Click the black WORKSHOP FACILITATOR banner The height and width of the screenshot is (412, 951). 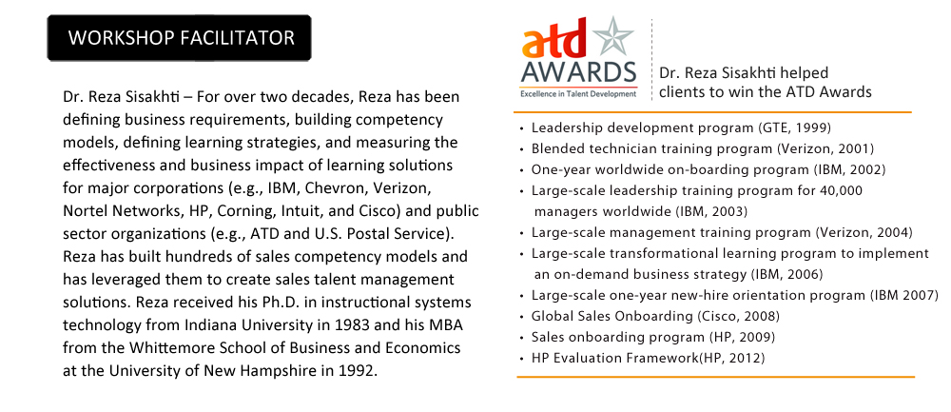click(x=179, y=38)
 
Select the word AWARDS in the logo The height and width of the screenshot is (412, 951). click(x=578, y=73)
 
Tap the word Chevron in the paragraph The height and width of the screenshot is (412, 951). click(x=332, y=188)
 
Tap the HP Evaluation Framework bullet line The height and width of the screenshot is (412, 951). click(x=648, y=358)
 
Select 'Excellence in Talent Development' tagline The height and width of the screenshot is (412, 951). click(x=578, y=94)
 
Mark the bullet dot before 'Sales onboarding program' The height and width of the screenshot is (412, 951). click(x=522, y=338)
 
